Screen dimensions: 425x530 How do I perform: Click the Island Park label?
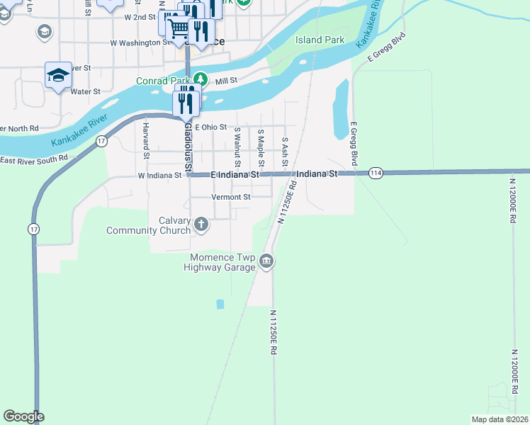pyautogui.click(x=320, y=40)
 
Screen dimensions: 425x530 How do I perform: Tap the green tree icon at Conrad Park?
pyautogui.click(x=200, y=79)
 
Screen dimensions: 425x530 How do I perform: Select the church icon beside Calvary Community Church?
pyautogui.click(x=201, y=225)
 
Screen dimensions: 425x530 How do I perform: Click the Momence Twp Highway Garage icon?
pyautogui.click(x=266, y=261)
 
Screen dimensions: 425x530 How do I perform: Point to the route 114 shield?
pyautogui.click(x=376, y=174)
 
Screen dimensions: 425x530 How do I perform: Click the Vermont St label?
pyautogui.click(x=231, y=197)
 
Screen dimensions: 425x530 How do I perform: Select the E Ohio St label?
pyautogui.click(x=205, y=127)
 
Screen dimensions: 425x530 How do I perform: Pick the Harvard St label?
pyautogui.click(x=147, y=140)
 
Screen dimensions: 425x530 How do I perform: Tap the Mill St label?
pyautogui.click(x=226, y=81)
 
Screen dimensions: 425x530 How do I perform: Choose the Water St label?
pyautogui.click(x=86, y=91)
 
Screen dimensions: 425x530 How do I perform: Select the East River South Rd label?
pyautogui.click(x=34, y=159)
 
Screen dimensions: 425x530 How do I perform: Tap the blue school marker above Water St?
pyautogui.click(x=58, y=76)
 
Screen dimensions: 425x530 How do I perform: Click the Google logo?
pyautogui.click(x=23, y=416)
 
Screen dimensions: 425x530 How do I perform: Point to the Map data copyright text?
pyautogui.click(x=499, y=419)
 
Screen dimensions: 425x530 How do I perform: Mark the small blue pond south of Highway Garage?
pyautogui.click(x=220, y=304)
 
